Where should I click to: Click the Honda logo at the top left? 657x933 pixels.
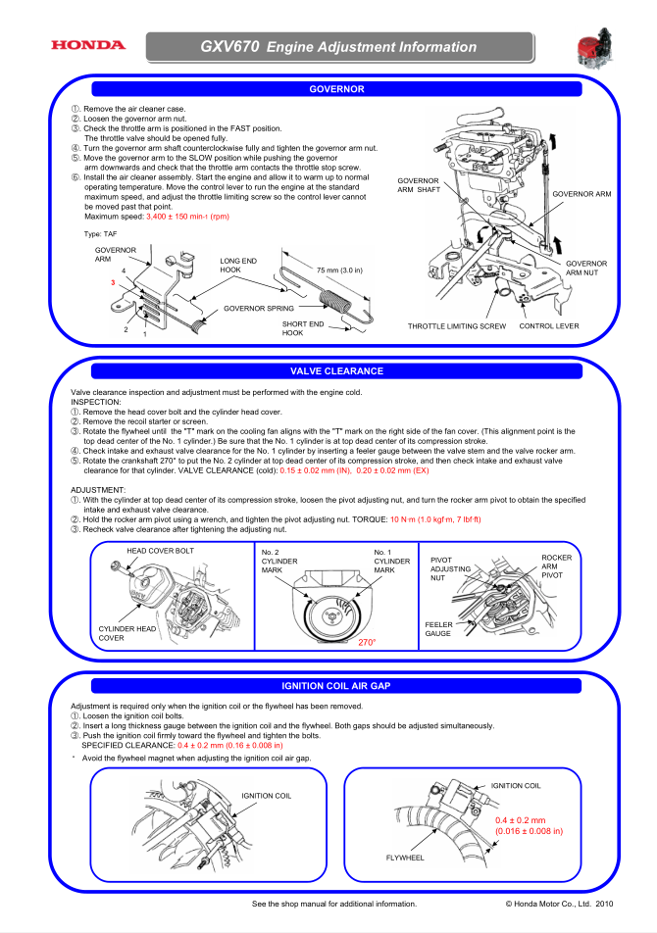coord(88,45)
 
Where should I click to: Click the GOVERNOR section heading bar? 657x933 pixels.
coord(335,89)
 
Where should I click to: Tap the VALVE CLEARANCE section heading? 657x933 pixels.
coord(336,371)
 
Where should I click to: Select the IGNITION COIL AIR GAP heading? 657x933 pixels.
coord(335,685)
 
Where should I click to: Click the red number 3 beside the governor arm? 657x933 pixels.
coord(113,282)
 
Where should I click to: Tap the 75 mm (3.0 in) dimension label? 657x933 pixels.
coord(339,270)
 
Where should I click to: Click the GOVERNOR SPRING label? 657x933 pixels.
coord(258,309)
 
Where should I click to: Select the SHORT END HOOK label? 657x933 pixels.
coord(302,328)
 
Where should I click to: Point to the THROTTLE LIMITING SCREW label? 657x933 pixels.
coord(456,325)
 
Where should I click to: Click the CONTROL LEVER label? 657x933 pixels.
coord(549,325)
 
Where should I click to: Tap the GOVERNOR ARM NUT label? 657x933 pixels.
coord(586,269)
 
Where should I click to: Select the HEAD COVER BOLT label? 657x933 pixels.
coord(160,551)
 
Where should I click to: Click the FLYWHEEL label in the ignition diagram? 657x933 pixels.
coord(405,858)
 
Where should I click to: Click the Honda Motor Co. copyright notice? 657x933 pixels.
coord(559,904)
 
